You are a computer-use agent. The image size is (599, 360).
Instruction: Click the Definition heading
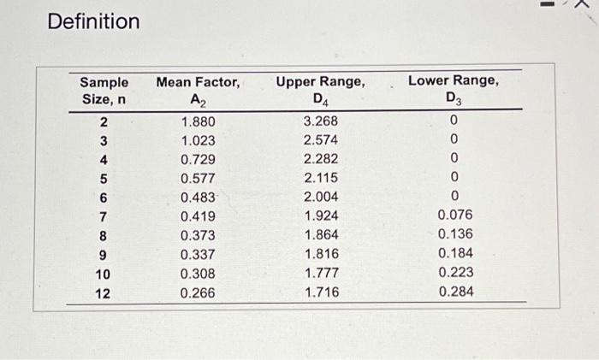[x=93, y=21]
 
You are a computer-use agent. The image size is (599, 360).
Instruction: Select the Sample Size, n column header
[x=104, y=91]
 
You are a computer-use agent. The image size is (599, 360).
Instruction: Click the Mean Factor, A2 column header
[x=199, y=91]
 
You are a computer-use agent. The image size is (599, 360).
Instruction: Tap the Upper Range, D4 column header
[x=321, y=91]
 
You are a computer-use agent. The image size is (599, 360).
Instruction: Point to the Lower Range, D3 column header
[x=454, y=89]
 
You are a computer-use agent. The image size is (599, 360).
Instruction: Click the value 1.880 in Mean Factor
[x=199, y=121]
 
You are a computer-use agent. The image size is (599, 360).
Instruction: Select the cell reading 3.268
[x=321, y=121]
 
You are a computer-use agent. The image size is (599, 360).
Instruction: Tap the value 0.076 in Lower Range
[x=454, y=215]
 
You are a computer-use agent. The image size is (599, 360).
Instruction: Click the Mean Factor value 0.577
[x=199, y=178]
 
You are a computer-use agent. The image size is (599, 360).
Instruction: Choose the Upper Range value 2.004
[x=321, y=197]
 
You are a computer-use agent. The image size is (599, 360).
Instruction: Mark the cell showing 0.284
[x=454, y=292]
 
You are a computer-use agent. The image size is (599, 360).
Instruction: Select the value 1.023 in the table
[x=199, y=140]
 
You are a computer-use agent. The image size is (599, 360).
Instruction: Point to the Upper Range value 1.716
[x=321, y=292]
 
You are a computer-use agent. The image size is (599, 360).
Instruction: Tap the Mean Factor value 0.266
[x=199, y=292]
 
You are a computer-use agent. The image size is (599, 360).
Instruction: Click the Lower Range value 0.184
[x=454, y=254]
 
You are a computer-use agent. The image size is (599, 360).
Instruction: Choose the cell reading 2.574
[x=321, y=140]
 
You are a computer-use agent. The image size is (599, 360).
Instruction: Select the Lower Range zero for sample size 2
[x=454, y=121]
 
